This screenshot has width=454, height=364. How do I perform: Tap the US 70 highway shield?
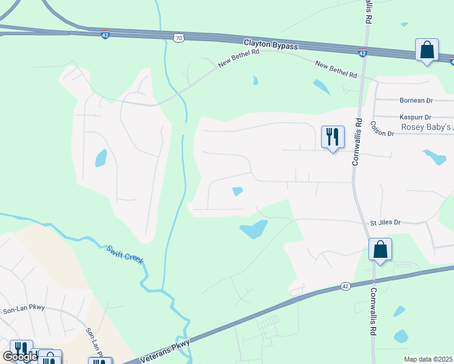click(178, 38)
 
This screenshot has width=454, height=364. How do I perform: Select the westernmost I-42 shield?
click(106, 35)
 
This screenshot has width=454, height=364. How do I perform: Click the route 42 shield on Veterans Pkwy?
click(345, 286)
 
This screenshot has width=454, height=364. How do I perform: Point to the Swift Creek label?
click(125, 254)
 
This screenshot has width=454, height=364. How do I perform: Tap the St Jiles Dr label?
click(386, 223)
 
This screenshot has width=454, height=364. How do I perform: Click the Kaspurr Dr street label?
click(415, 117)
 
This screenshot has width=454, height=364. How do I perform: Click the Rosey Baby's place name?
click(427, 127)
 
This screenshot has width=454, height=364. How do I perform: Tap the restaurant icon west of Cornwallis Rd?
click(333, 137)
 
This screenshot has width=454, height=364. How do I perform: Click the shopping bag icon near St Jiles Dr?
click(380, 249)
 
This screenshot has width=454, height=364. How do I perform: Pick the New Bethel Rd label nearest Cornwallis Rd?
click(336, 69)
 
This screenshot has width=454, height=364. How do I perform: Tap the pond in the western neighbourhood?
click(101, 158)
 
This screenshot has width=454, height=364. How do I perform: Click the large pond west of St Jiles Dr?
click(254, 229)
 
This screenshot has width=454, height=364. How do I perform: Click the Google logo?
click(20, 357)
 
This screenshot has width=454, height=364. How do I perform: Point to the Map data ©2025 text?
click(428, 359)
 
